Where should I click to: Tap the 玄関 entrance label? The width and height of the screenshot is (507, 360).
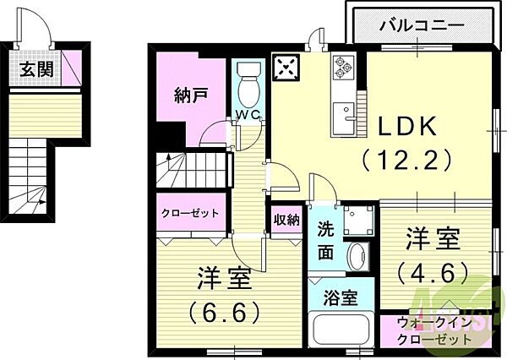(35, 68)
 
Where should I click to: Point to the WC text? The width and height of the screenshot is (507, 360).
(248, 114)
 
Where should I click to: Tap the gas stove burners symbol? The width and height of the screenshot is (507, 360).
(345, 65)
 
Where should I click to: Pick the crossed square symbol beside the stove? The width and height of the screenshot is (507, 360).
(286, 68)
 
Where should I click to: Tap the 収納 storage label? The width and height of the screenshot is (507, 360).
(286, 220)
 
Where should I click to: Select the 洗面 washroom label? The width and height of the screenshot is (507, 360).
(326, 240)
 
